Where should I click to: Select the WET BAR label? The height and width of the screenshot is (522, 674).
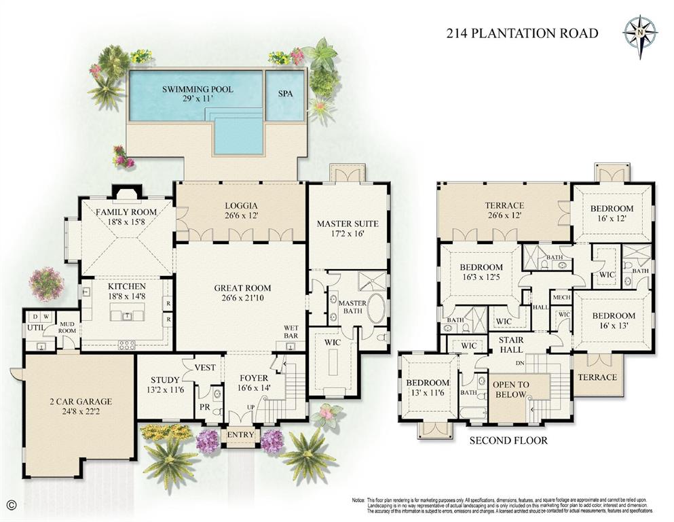coord(291,332)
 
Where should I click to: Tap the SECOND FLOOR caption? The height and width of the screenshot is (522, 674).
coord(508,440)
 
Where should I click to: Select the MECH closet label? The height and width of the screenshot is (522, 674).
coord(561,298)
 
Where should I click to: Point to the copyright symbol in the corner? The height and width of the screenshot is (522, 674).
coord(10,504)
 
